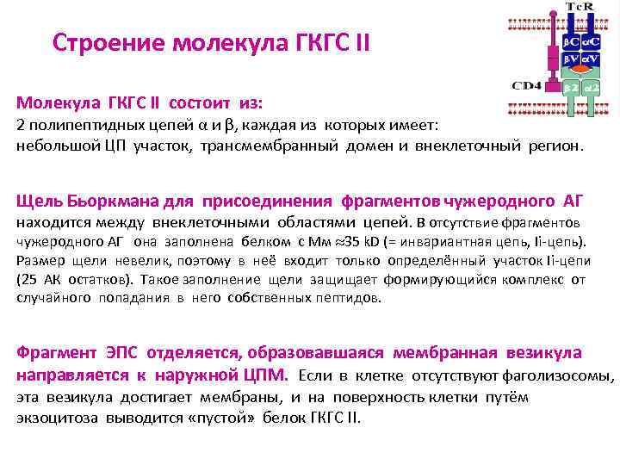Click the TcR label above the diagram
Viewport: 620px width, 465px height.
point(578,7)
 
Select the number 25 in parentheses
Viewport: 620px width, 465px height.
point(31,280)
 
